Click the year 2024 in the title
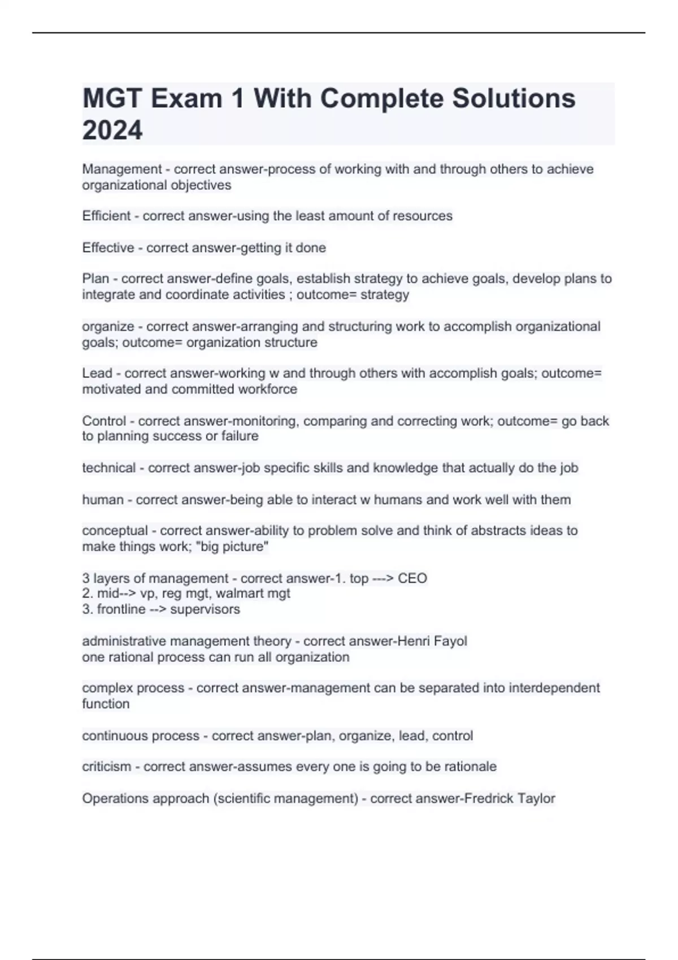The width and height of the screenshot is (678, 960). click(112, 130)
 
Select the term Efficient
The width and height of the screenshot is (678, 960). click(106, 216)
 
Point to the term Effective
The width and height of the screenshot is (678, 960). click(108, 248)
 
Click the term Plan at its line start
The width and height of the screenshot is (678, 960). click(95, 279)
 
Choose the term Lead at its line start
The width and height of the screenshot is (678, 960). click(97, 374)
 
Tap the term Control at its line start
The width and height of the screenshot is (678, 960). click(104, 421)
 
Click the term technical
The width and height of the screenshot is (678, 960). click(109, 468)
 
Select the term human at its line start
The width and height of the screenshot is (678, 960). click(103, 500)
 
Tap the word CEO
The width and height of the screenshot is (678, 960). click(412, 579)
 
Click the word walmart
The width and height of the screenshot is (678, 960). click(236, 594)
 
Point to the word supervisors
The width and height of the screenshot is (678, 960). click(205, 609)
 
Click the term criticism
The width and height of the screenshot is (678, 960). click(106, 767)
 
